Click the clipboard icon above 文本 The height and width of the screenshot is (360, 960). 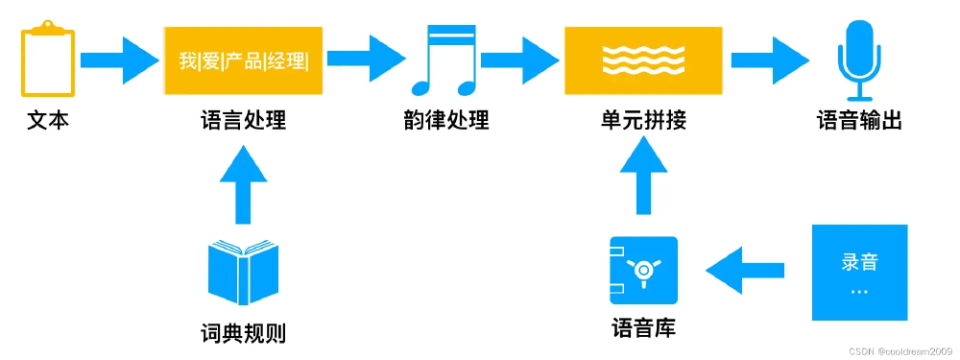[47, 60]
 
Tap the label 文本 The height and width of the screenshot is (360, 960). [47, 122]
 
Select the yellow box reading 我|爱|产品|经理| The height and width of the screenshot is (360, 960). [243, 60]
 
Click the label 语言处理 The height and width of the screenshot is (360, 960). [243, 122]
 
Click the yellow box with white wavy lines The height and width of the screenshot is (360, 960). [642, 60]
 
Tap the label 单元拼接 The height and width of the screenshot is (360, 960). [642, 122]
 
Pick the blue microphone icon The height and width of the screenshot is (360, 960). [857, 60]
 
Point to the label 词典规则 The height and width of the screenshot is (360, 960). [243, 333]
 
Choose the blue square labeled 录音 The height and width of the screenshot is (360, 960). [859, 272]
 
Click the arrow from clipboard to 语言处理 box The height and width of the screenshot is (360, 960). [117, 60]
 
